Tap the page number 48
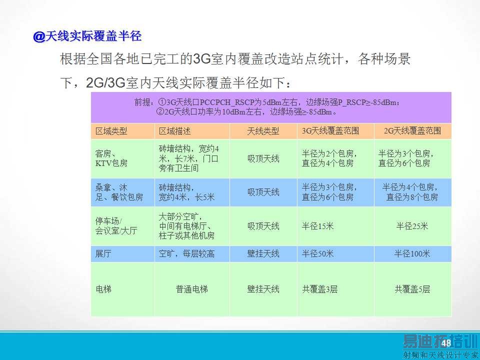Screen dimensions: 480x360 pos(446,343)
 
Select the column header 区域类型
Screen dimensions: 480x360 pos(111,131)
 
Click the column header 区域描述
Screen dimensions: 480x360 pos(175,131)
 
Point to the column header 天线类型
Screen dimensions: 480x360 pos(263,131)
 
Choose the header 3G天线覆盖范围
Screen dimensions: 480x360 pos(330,131)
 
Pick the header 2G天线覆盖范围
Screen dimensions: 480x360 pos(412,131)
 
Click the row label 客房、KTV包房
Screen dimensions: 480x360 pos(111,158)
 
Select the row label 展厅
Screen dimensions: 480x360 pos(103,254)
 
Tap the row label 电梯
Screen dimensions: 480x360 pos(103,289)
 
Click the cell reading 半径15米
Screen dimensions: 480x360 pos(317,226)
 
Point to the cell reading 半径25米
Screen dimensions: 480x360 pos(412,226)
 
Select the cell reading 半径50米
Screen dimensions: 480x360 pos(317,254)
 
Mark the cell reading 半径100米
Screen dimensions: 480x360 pos(412,254)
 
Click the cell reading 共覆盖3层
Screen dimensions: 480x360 pos(319,289)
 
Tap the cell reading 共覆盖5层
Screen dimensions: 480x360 pos(412,289)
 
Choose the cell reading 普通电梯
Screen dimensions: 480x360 pos(191,289)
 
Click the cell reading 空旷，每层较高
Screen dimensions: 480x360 pos(186,254)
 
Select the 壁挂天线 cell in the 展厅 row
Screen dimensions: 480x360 pos(263,254)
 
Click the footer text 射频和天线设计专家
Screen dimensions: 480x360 pos(440,355)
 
